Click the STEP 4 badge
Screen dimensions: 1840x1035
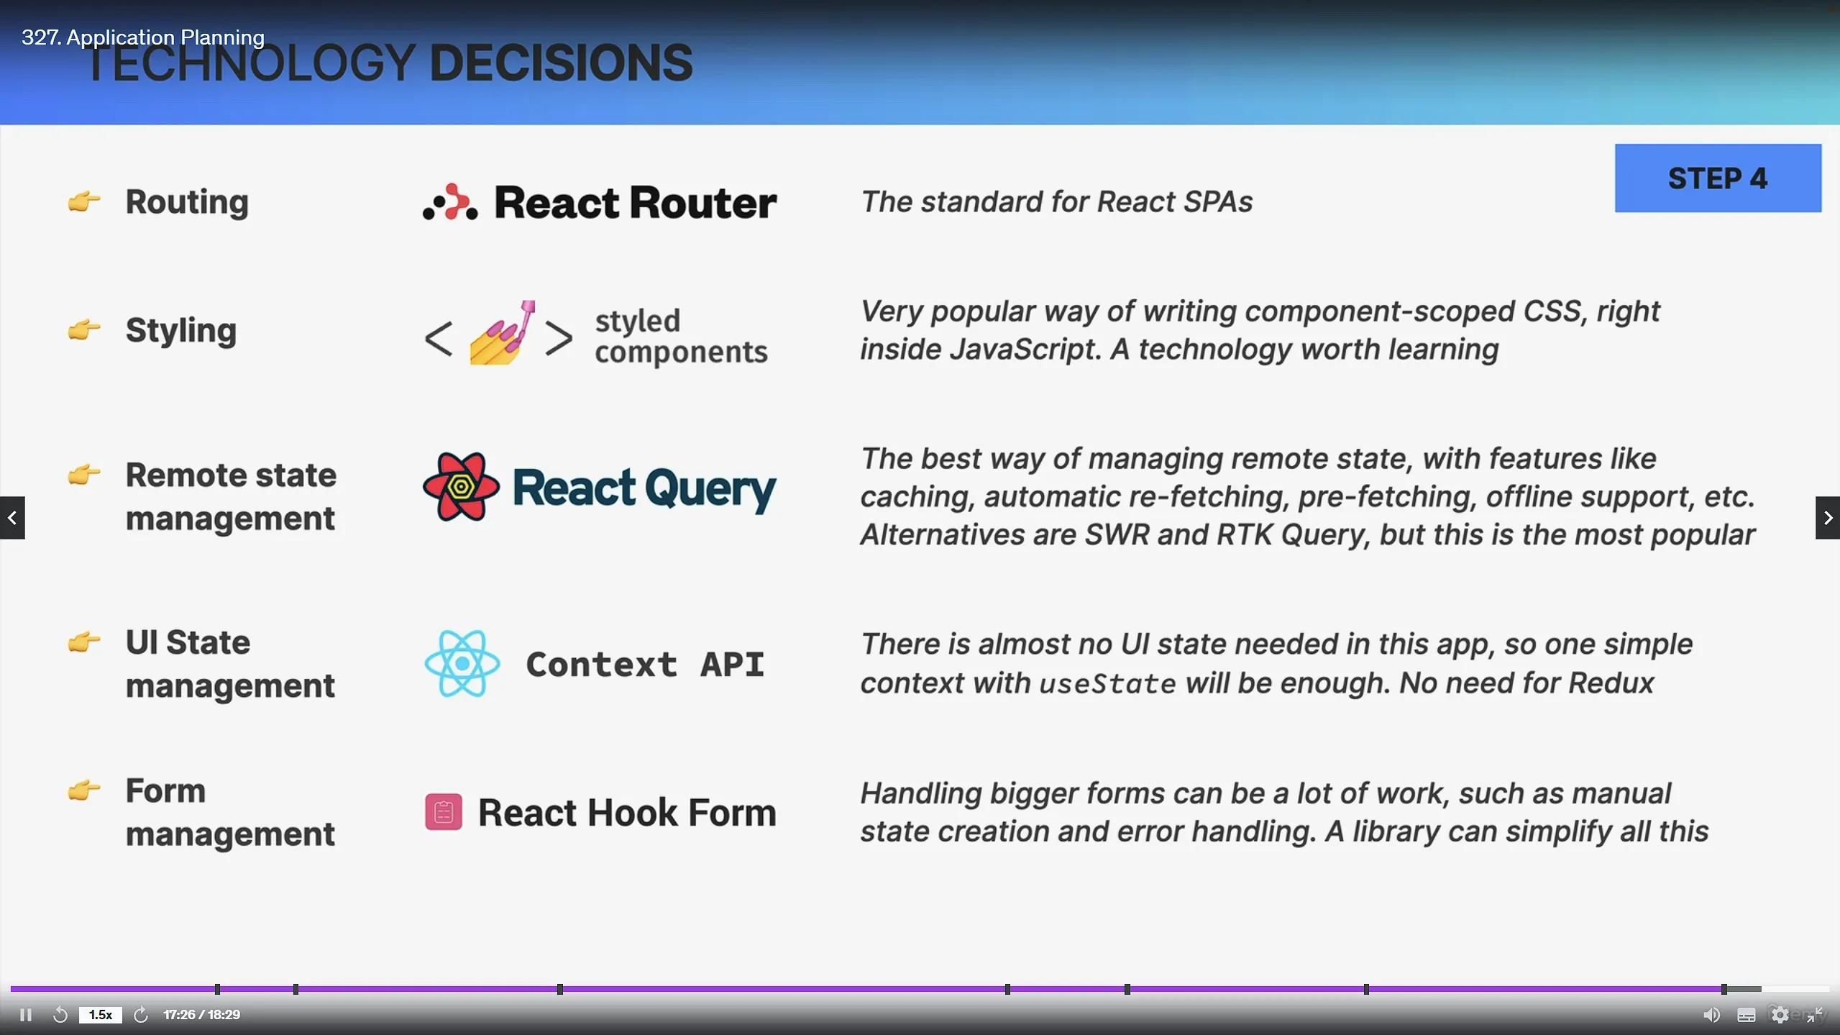coord(1717,178)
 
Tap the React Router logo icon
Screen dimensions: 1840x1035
coord(450,202)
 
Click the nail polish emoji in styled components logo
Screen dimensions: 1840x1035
coord(502,333)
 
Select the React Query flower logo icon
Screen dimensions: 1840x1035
coord(461,487)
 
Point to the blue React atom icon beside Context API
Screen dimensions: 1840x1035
coord(462,663)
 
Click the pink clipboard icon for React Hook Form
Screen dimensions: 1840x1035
coord(444,812)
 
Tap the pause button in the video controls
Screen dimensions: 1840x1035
coord(26,1015)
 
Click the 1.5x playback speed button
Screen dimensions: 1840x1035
coord(101,1015)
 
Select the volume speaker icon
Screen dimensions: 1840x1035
coord(1711,1015)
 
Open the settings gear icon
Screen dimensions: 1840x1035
coord(1780,1015)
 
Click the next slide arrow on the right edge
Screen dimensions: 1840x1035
coord(1828,517)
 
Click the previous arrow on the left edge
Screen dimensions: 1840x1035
coord(12,517)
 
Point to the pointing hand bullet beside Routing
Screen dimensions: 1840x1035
coord(83,201)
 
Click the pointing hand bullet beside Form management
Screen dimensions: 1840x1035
coord(83,790)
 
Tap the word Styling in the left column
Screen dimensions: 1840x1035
coord(181,331)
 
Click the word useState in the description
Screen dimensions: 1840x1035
coord(1107,683)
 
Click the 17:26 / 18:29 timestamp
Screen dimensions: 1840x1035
coord(202,1015)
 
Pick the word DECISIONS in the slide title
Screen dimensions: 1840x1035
coord(561,63)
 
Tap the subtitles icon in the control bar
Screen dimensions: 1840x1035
coord(1747,1015)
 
